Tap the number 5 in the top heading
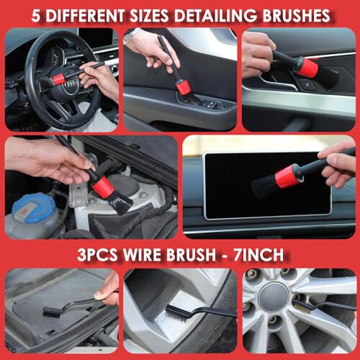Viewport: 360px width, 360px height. pos(36,16)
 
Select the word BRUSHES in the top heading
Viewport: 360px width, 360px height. pos(296,16)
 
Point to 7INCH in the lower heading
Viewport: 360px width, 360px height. pos(258,255)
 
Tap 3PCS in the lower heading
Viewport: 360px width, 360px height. pos(97,255)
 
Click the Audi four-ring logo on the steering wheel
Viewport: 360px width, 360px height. pos(71,84)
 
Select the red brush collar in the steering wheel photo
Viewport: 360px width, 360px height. pos(58,79)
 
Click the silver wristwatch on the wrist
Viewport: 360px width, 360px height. pos(132,36)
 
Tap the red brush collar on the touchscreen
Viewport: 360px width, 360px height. pos(287,176)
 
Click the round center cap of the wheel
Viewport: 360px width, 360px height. pos(274,297)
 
